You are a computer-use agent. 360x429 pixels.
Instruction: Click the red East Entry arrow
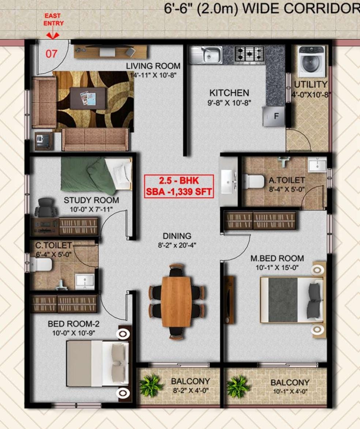tap(53, 35)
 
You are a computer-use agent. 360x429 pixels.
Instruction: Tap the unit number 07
tap(51, 54)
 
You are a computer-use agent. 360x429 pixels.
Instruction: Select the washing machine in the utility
tap(312, 61)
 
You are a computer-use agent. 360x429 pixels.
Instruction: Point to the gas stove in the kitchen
tap(250, 54)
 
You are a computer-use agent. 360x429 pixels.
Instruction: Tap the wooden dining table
tap(176, 301)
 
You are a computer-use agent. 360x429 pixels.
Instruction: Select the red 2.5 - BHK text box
tap(179, 186)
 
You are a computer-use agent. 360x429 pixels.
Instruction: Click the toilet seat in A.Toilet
tap(253, 182)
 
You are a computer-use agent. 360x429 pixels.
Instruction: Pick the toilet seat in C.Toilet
tap(41, 265)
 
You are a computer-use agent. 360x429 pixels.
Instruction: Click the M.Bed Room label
tap(277, 258)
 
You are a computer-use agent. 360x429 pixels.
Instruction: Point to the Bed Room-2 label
tap(74, 324)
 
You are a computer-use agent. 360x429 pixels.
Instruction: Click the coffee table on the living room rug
tap(87, 98)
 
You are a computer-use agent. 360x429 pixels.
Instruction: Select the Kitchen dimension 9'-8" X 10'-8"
tap(229, 103)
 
